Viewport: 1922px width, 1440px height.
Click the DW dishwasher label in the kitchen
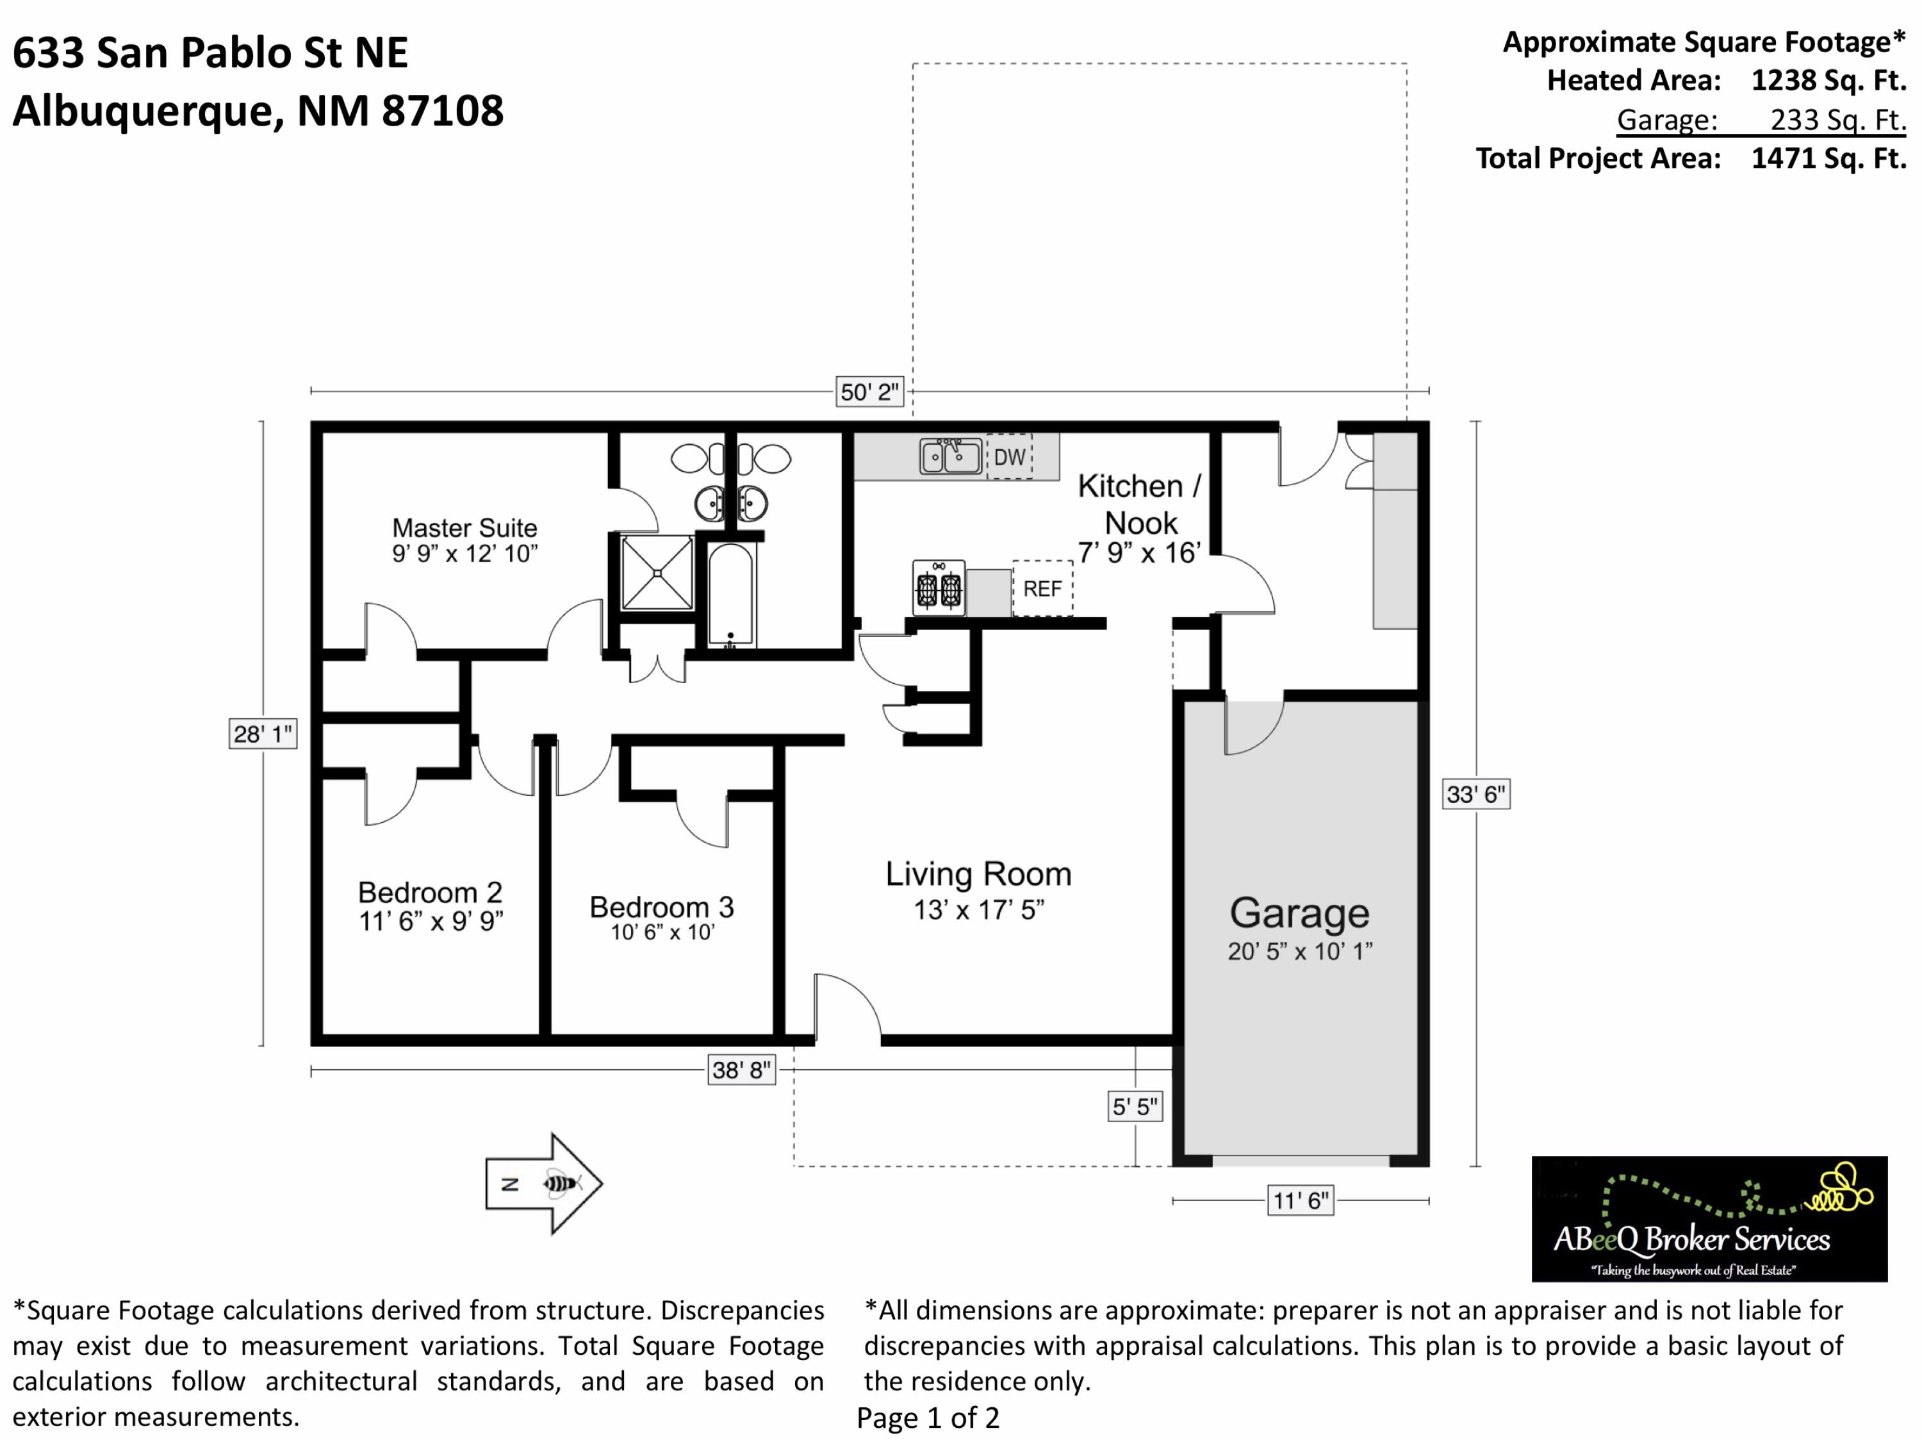click(x=1009, y=457)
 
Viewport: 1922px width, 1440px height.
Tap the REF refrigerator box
click(x=1042, y=588)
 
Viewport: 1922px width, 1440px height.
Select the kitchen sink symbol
click(x=951, y=456)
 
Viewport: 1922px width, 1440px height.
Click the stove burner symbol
click(x=939, y=588)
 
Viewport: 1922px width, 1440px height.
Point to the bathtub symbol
click(x=731, y=596)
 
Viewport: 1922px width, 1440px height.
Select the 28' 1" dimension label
click(x=263, y=734)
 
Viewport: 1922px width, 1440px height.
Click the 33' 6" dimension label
click(x=1476, y=794)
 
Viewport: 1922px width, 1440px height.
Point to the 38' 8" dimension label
click(x=741, y=1070)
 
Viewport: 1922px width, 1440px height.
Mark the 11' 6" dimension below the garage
click(x=1301, y=1201)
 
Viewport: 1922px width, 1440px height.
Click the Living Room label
click(x=978, y=873)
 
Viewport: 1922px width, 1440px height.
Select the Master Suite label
click(x=465, y=527)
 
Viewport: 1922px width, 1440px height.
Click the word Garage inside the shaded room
click(x=1300, y=913)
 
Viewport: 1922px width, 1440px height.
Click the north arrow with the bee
click(x=544, y=1183)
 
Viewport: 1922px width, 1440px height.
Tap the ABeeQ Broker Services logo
click(x=1709, y=1218)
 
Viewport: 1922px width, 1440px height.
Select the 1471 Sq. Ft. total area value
click(x=1828, y=158)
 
